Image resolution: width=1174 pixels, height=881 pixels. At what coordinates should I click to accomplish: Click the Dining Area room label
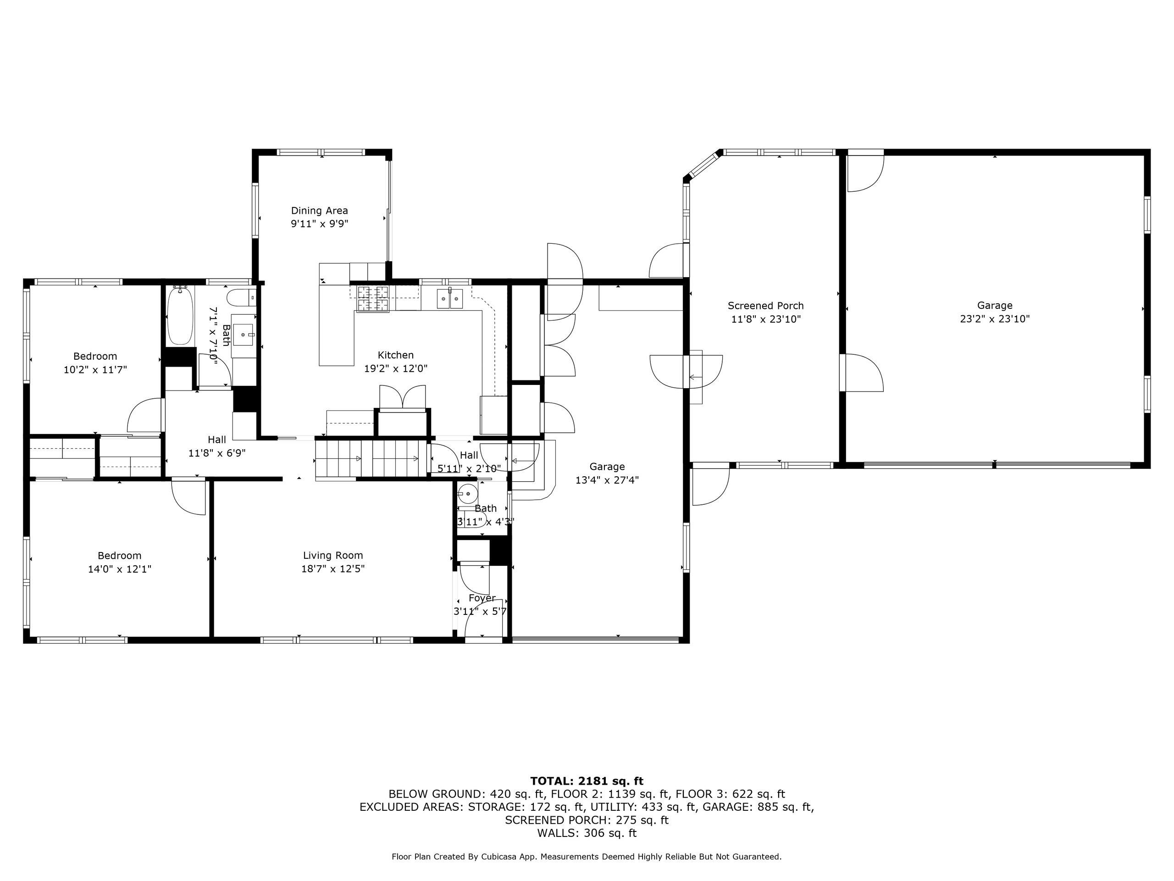(x=319, y=211)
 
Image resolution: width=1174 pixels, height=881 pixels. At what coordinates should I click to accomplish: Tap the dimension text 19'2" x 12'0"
(x=395, y=368)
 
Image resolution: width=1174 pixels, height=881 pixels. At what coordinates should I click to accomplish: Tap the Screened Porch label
(x=765, y=306)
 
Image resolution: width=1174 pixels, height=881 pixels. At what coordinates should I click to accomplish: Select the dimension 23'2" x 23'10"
(x=995, y=319)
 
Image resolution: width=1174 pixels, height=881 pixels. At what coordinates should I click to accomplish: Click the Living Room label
(x=333, y=556)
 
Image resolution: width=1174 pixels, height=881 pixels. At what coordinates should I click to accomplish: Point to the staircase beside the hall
(x=371, y=460)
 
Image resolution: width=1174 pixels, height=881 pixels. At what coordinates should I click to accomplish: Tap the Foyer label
(x=482, y=598)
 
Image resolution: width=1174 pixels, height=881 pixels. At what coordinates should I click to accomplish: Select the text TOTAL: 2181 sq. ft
(x=587, y=781)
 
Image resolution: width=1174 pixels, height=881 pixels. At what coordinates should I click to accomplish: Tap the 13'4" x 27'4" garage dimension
(x=607, y=480)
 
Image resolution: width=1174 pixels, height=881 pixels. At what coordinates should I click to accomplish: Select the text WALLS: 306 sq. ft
(x=587, y=833)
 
